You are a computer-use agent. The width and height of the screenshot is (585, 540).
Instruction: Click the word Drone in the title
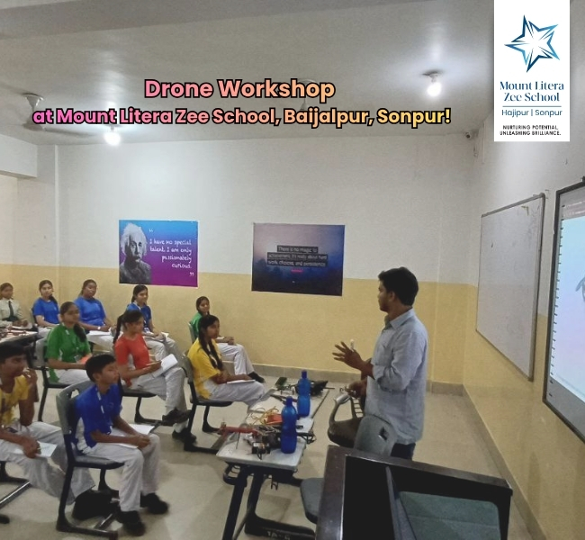click(177, 89)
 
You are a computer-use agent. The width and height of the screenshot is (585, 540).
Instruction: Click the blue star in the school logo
click(531, 42)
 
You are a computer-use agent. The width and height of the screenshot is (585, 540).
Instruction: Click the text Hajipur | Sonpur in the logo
click(531, 112)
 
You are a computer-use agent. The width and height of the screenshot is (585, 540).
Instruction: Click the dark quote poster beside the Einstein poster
click(297, 259)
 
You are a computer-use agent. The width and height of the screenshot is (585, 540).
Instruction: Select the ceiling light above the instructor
click(434, 86)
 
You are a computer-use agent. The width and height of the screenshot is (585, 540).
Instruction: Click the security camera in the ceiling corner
click(470, 135)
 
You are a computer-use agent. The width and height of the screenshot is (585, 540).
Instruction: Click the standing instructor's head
click(398, 288)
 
